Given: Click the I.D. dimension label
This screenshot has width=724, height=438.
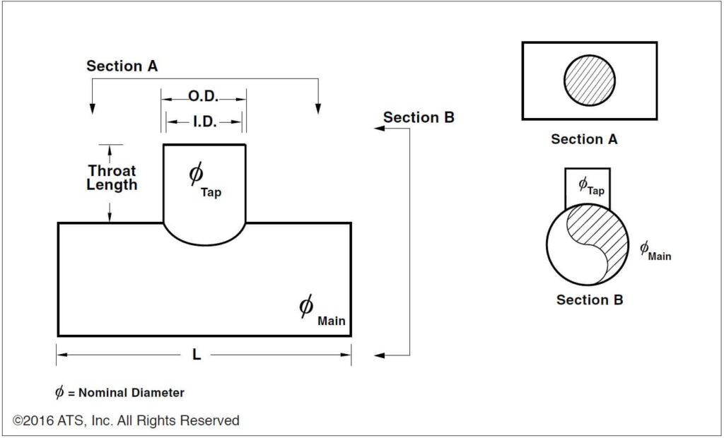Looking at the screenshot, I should click(204, 122).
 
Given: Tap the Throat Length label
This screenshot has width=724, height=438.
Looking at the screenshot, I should click(112, 178).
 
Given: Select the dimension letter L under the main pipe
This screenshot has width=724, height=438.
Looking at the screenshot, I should click(197, 355).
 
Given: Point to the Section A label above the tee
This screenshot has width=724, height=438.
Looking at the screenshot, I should click(122, 66).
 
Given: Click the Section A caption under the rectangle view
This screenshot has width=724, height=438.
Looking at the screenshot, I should click(584, 139).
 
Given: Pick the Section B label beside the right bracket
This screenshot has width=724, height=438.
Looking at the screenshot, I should click(419, 117).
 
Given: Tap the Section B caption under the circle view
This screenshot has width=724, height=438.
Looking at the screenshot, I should click(590, 300).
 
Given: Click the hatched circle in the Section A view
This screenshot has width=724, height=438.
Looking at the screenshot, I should click(589, 81).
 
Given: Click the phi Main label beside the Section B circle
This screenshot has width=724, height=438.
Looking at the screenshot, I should click(655, 251).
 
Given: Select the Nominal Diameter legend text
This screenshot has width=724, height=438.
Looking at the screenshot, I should click(119, 393).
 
